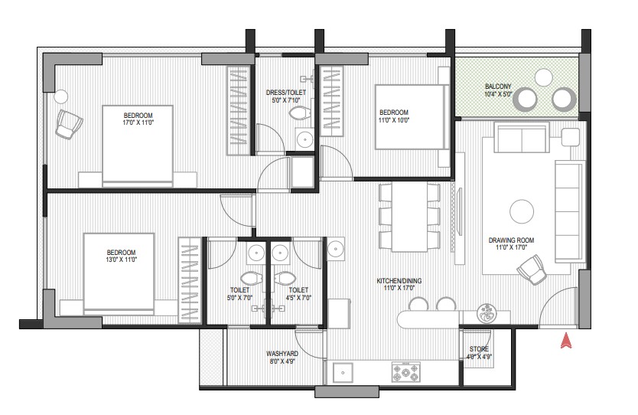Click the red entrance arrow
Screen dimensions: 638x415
[565, 341]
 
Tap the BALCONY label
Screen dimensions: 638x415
[497, 87]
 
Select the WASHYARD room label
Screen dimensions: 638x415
[282, 354]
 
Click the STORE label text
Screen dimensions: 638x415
[479, 349]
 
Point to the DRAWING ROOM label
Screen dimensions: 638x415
[511, 240]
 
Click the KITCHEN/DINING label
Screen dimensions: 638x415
[399, 281]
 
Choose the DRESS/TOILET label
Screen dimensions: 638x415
[285, 93]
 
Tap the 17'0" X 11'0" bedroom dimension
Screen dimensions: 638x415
[138, 123]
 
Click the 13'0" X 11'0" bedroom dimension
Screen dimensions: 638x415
[122, 260]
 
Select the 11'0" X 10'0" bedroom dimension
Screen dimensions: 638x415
[394, 120]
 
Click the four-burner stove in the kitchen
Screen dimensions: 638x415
[405, 372]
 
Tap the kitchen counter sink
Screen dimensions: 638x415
[343, 372]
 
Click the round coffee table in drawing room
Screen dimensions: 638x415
[521, 211]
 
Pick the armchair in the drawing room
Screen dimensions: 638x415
[532, 270]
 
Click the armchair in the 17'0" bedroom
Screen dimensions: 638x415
[69, 124]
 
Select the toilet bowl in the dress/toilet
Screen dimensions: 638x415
[298, 113]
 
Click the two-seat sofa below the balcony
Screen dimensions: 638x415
[521, 137]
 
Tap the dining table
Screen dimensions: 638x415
[409, 217]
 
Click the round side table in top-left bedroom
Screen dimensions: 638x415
[61, 97]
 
